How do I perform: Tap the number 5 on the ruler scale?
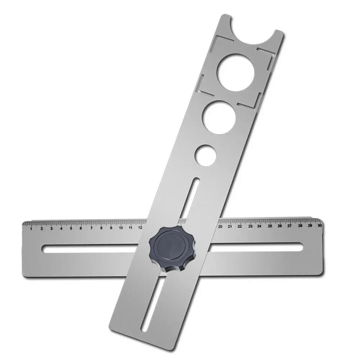pos(71,228)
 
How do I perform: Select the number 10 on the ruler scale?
pos(120,228)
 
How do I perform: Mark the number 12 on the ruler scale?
pos(140,227)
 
